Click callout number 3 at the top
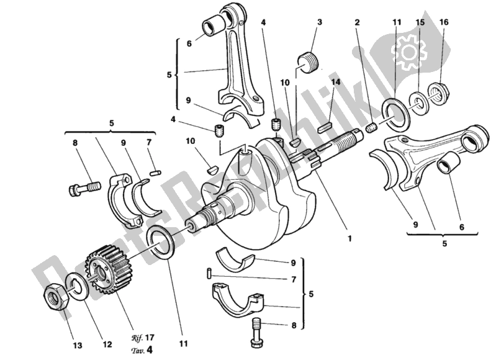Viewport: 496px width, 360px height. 319,23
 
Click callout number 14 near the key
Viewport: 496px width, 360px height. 336,81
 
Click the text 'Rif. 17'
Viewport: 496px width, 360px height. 142,337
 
